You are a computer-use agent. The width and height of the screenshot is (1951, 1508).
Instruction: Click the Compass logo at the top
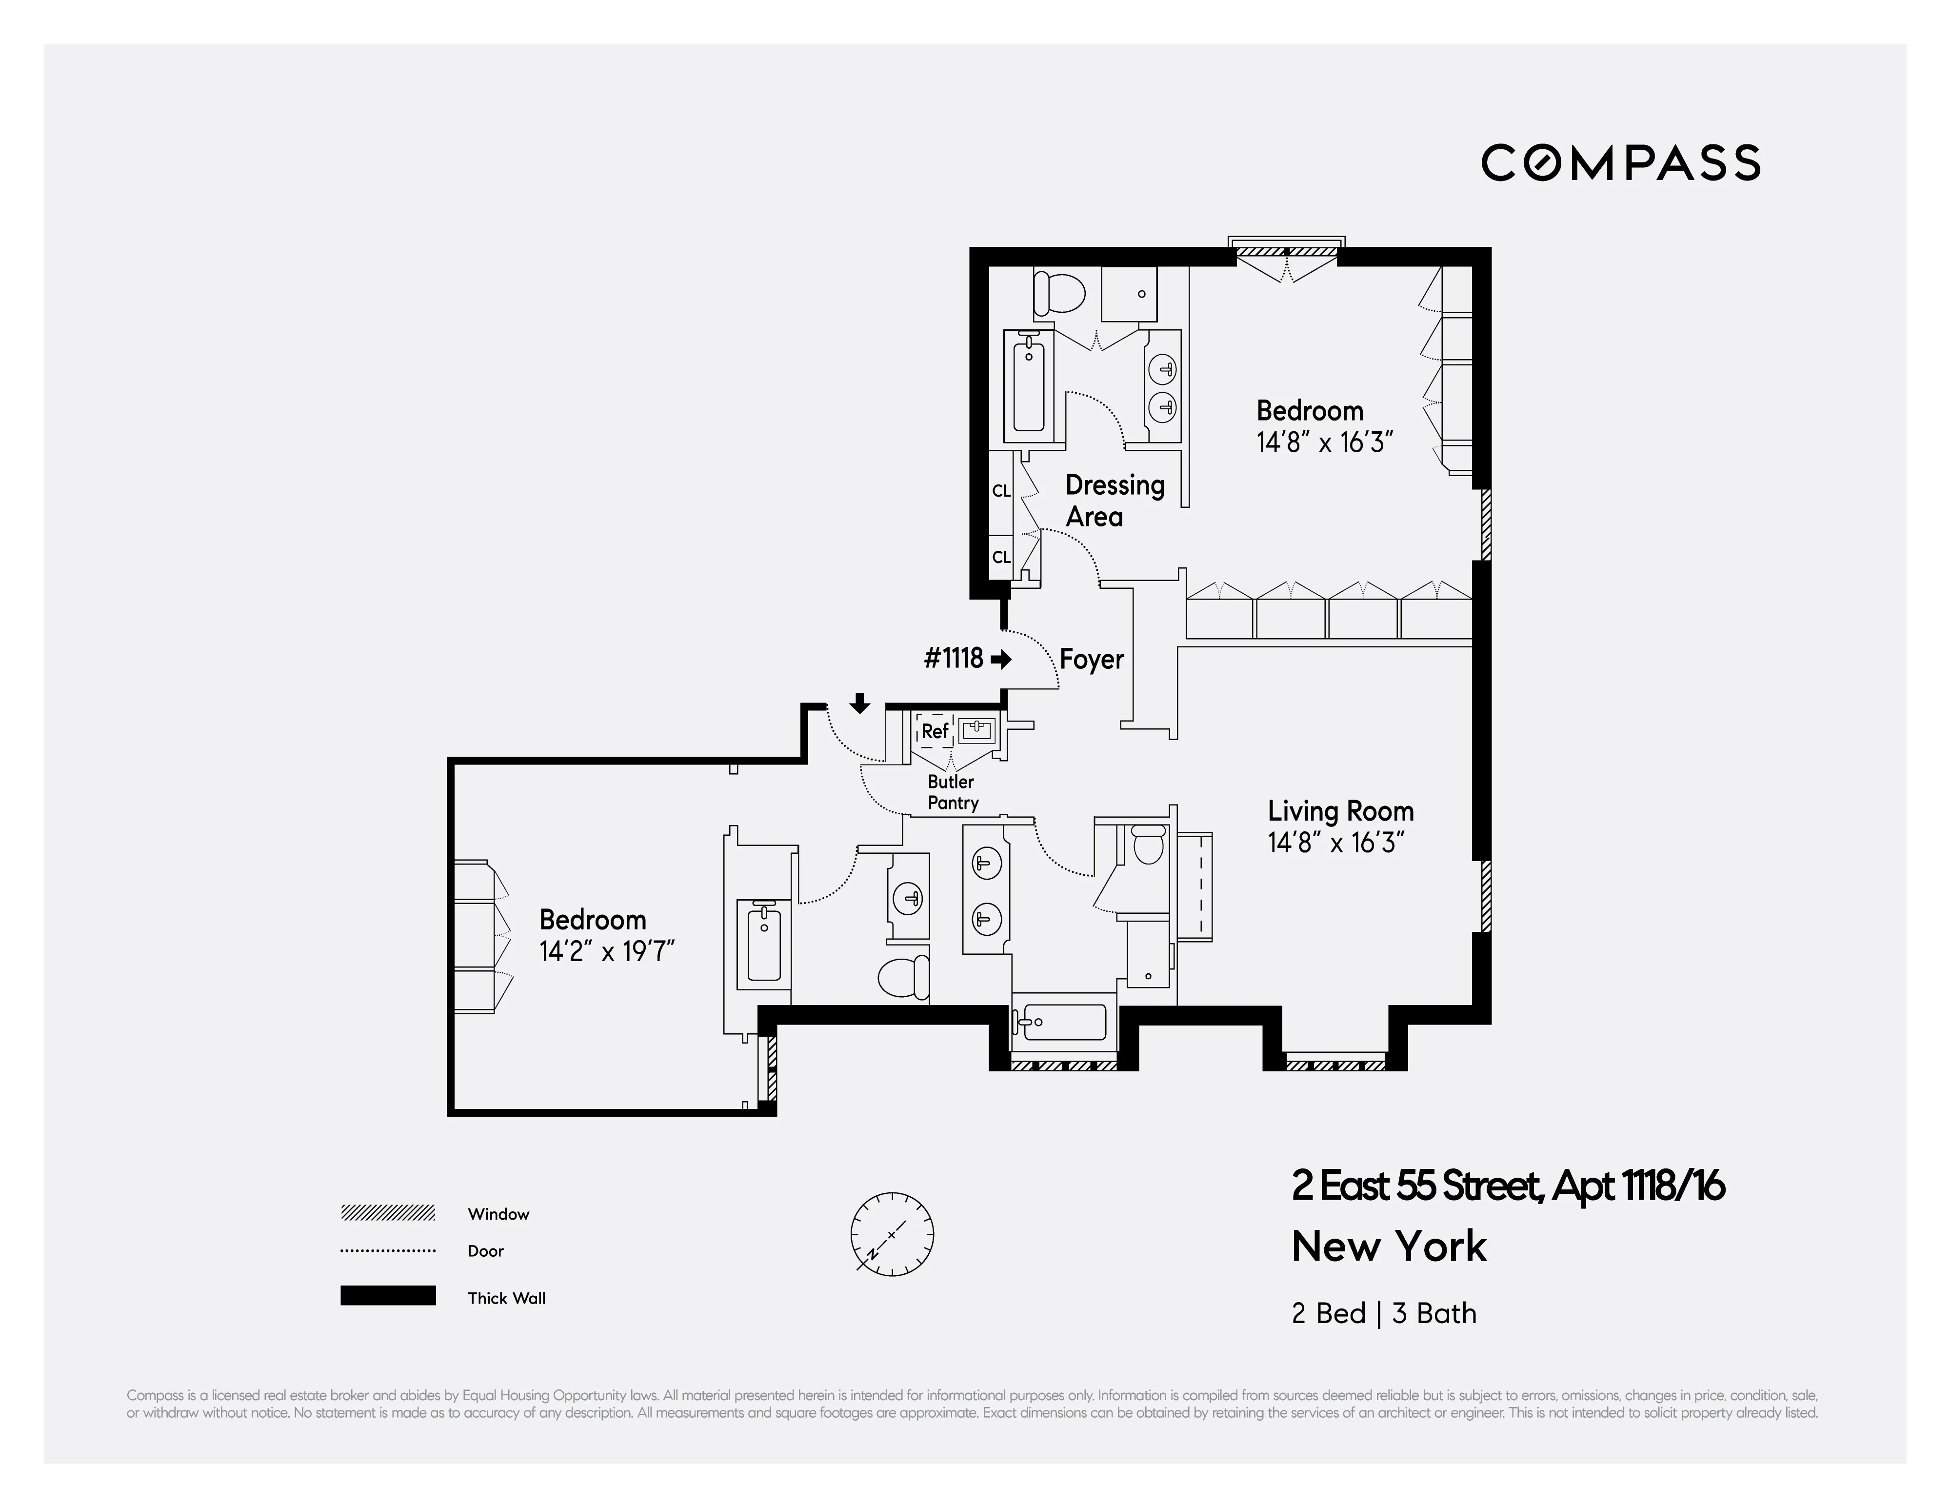click(x=1620, y=162)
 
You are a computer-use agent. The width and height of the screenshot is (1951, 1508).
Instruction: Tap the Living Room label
click(x=1340, y=811)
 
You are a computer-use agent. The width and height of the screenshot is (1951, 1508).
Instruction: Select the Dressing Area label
click(x=1114, y=500)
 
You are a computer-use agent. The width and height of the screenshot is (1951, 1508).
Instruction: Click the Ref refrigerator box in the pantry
click(x=935, y=731)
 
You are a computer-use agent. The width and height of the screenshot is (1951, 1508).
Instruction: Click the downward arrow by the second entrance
click(x=859, y=703)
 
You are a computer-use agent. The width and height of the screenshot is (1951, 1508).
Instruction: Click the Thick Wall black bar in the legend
click(x=388, y=1295)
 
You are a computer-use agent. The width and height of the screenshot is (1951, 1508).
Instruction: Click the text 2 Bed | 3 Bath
click(x=1383, y=1313)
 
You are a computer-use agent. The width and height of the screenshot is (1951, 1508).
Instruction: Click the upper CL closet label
click(x=1000, y=490)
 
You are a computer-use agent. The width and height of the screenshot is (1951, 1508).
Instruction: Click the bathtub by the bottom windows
click(x=1063, y=1022)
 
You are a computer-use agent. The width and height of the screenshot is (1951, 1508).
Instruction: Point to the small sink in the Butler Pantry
click(x=976, y=731)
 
